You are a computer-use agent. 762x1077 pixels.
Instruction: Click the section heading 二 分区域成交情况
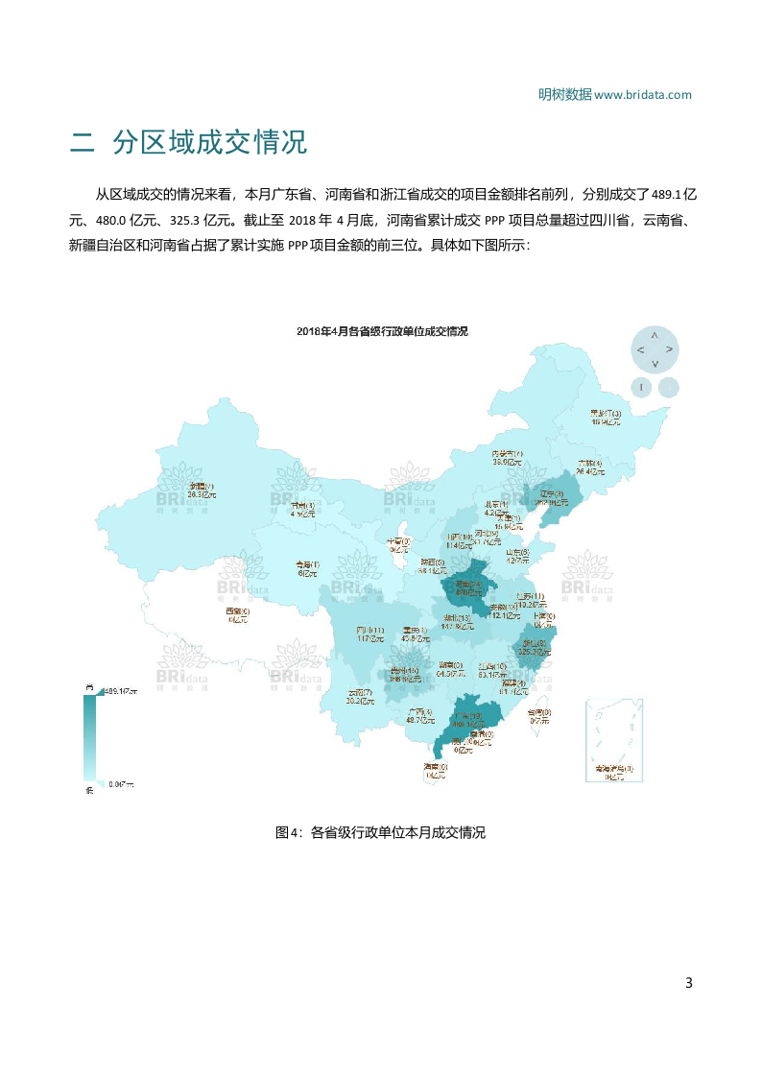point(188,142)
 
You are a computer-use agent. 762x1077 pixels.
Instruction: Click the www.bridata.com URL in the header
point(643,94)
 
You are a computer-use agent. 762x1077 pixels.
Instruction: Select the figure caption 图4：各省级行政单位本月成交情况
point(381,832)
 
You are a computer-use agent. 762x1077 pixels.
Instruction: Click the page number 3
point(688,982)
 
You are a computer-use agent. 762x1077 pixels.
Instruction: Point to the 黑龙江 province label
point(606,415)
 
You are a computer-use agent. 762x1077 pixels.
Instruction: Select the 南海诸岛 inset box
point(608,739)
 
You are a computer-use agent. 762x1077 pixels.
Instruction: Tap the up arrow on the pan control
point(655,335)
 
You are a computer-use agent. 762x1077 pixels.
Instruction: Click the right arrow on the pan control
point(669,349)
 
